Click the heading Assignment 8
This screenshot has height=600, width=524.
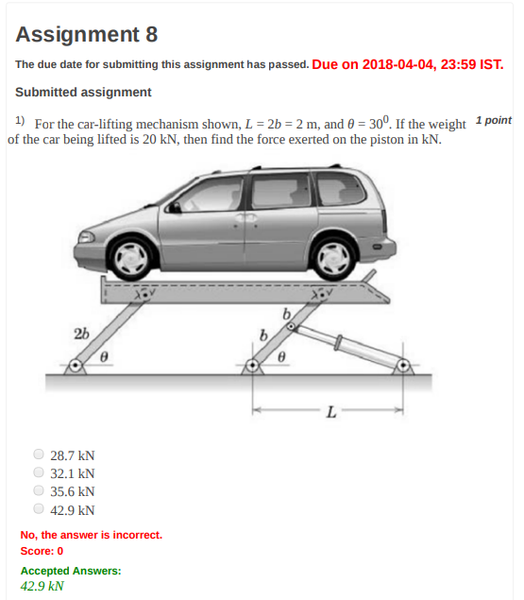tap(87, 35)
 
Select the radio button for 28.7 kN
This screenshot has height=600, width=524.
tap(39, 454)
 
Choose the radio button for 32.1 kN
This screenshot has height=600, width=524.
tap(39, 472)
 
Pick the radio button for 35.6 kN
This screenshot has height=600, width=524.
tap(39, 491)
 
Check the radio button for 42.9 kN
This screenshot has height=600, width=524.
tap(39, 510)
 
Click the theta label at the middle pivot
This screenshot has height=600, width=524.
tap(281, 359)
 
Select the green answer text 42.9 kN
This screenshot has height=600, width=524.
tap(42, 586)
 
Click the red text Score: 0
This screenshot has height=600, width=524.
tap(42, 551)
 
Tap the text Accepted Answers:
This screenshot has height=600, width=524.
tap(71, 571)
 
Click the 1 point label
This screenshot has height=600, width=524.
tap(494, 122)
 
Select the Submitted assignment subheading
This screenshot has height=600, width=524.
tap(83, 92)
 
